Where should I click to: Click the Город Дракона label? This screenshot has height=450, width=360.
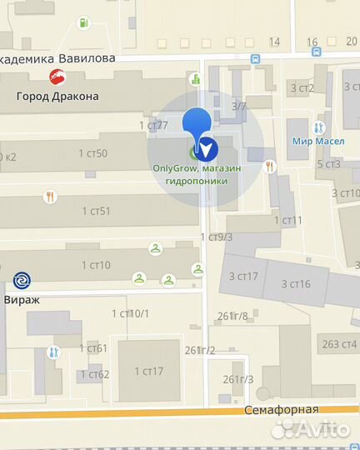click(57, 96)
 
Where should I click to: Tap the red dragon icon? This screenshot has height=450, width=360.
click(58, 78)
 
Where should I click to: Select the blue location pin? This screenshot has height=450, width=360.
click(197, 129)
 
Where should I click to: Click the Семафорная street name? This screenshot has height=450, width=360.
click(282, 409)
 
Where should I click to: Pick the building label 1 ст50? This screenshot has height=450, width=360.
click(93, 153)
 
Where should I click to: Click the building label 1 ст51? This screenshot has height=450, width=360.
click(96, 211)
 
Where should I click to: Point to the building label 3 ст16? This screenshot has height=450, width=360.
click(296, 283)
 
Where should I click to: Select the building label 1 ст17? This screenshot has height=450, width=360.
click(147, 372)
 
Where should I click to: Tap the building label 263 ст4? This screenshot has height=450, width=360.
click(339, 343)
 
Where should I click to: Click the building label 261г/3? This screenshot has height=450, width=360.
click(238, 379)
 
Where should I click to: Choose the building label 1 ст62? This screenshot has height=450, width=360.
click(97, 374)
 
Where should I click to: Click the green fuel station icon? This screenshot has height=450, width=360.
click(82, 22)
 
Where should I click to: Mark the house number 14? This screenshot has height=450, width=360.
click(275, 42)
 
